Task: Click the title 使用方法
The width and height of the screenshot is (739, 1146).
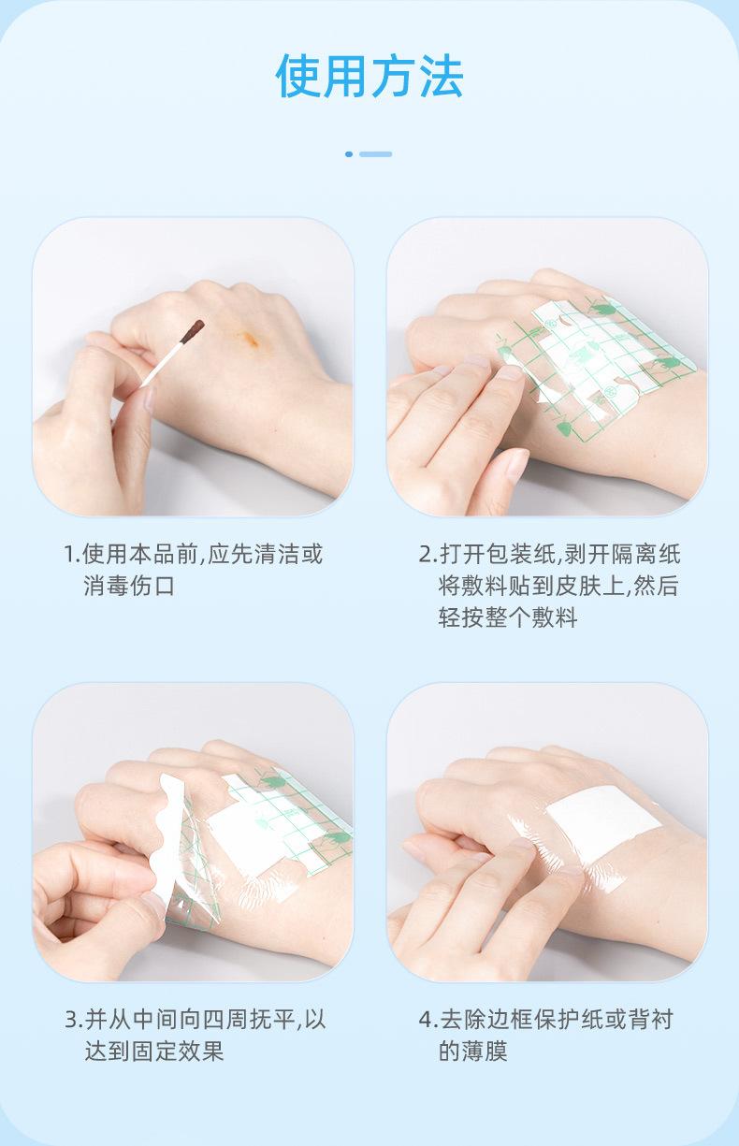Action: click(x=369, y=76)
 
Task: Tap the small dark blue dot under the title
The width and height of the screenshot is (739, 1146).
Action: click(x=349, y=154)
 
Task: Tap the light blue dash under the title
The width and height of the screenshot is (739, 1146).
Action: click(x=375, y=154)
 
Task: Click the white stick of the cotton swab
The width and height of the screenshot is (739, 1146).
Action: click(x=161, y=363)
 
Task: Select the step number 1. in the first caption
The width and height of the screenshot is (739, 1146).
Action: click(x=72, y=555)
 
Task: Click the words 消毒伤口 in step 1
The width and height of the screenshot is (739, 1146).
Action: click(x=129, y=586)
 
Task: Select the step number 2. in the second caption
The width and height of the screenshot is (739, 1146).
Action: click(x=427, y=555)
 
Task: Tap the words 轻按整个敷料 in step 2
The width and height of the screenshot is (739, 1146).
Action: click(x=508, y=617)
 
